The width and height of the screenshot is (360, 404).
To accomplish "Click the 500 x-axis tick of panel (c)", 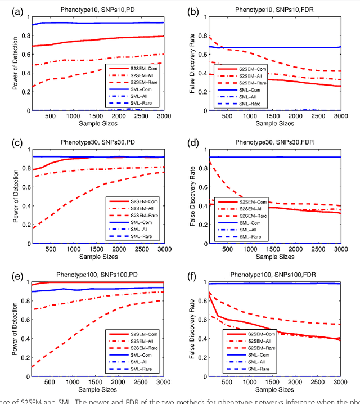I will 53,249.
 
